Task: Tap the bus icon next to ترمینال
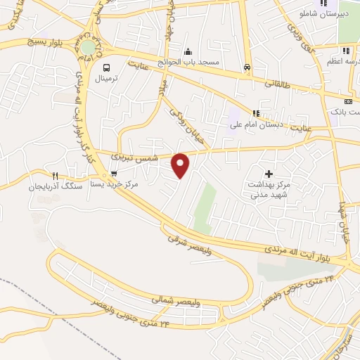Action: tap(106, 67)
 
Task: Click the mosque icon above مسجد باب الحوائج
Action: tap(188, 52)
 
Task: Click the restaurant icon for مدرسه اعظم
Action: tap(345, 51)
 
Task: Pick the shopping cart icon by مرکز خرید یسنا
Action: tap(113, 174)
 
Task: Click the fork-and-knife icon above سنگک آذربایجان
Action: tap(55, 176)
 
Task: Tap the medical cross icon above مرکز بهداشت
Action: tap(268, 173)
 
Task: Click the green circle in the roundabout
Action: tap(87, 47)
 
